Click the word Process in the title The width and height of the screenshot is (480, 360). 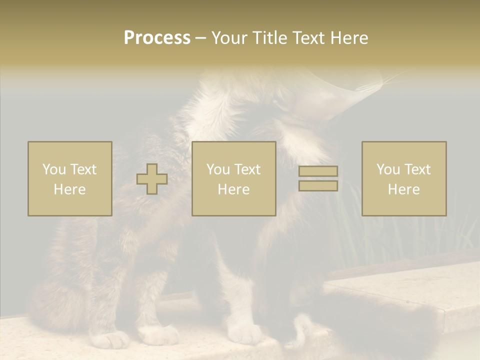click(157, 38)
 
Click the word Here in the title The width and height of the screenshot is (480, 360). click(349, 38)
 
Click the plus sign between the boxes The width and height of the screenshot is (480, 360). click(152, 179)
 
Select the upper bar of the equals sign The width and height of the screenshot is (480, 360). click(318, 171)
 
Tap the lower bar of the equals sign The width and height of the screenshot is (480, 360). click(318, 185)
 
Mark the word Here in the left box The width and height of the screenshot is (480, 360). click(69, 189)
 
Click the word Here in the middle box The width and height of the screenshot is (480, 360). click(233, 189)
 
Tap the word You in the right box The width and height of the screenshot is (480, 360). click(388, 169)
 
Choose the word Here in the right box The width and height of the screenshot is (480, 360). click(403, 189)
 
